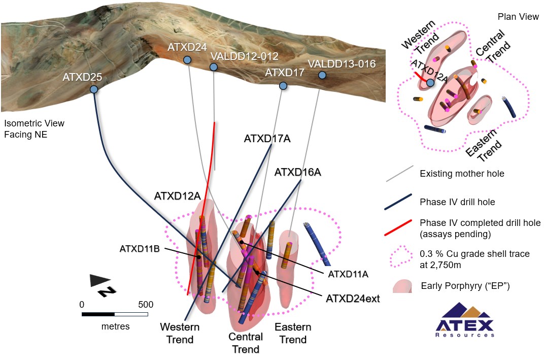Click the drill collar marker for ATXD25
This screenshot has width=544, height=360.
pyautogui.click(x=94, y=89)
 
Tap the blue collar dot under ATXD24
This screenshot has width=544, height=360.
pyautogui.click(x=187, y=60)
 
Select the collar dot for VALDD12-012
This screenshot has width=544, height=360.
pyautogui.click(x=214, y=67)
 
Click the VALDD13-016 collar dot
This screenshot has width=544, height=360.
pyautogui.click(x=322, y=75)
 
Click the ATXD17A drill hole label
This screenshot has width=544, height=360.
pyautogui.click(x=267, y=138)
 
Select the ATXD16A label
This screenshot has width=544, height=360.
pyautogui.click(x=297, y=172)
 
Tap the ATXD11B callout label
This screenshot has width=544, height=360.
pyautogui.click(x=140, y=249)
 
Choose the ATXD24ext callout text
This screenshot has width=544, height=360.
pyautogui.click(x=353, y=298)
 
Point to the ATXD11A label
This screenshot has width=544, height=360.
pyautogui.click(x=348, y=274)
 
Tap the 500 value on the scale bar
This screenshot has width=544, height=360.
pyautogui.click(x=146, y=305)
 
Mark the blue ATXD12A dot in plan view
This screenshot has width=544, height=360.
pyautogui.click(x=430, y=83)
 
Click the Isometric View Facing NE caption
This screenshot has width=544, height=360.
pyautogui.click(x=34, y=129)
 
